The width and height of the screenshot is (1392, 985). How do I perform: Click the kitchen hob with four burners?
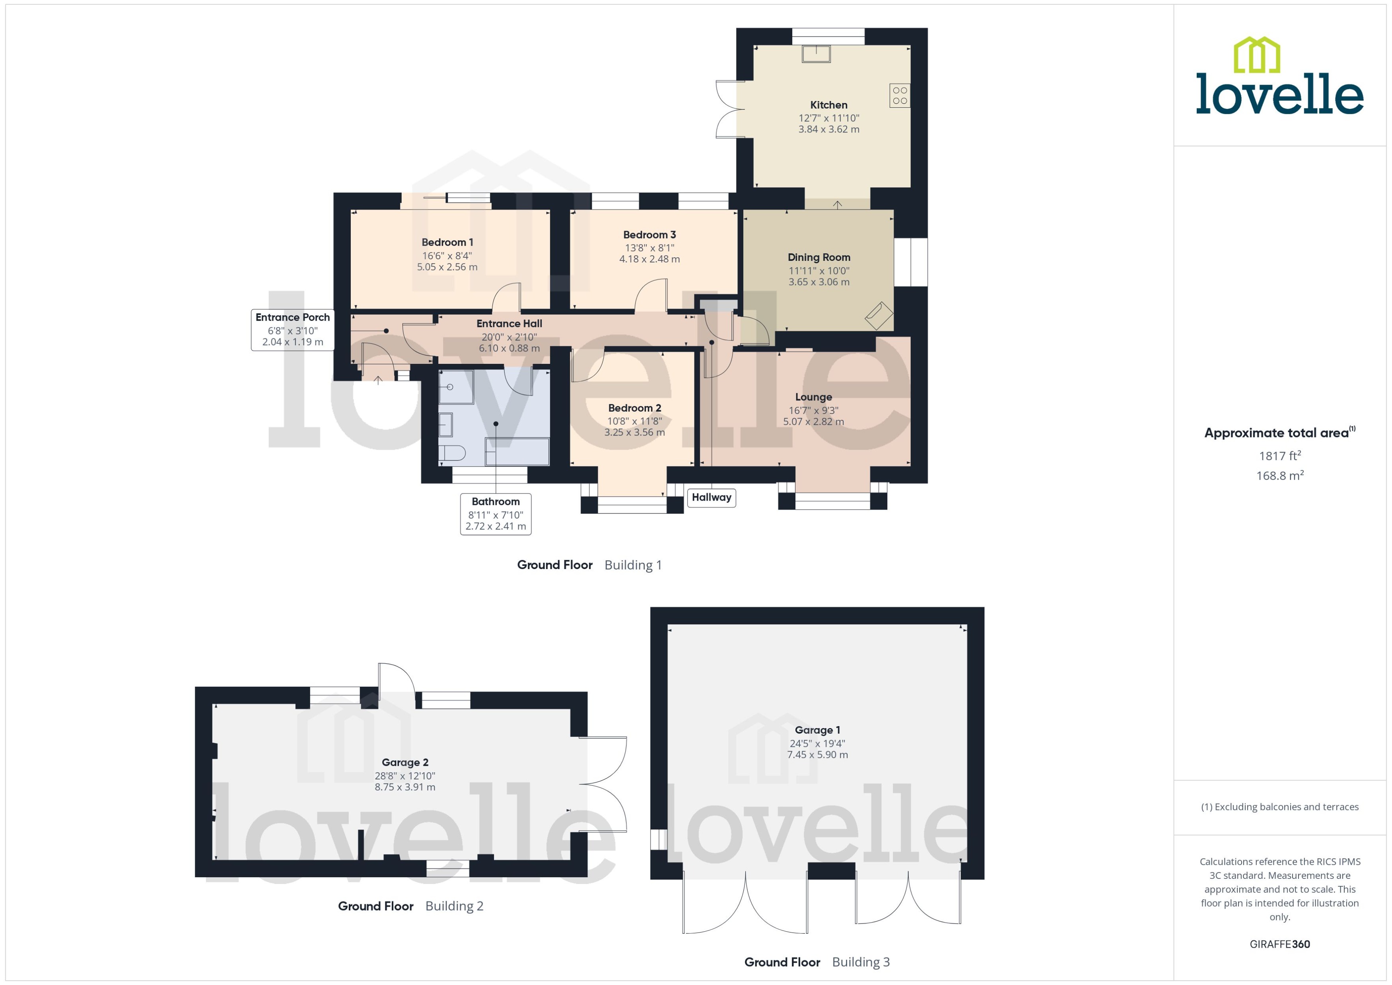click(x=900, y=95)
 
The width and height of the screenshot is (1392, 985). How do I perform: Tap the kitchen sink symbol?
click(x=816, y=54)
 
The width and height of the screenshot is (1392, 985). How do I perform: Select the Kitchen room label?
click(x=828, y=105)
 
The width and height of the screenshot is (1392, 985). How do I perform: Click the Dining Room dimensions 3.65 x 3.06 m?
click(x=819, y=282)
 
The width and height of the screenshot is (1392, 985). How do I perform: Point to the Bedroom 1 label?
click(x=447, y=242)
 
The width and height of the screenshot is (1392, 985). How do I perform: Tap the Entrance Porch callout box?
click(x=292, y=329)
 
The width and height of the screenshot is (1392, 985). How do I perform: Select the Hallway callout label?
click(x=712, y=497)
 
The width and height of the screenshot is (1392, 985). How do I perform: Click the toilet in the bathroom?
click(x=452, y=453)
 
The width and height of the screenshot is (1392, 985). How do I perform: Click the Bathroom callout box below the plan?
click(x=496, y=514)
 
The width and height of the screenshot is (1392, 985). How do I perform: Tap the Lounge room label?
click(x=813, y=397)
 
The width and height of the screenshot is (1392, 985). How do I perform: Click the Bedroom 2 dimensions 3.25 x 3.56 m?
click(x=634, y=433)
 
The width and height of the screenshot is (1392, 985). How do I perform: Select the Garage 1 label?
click(x=817, y=730)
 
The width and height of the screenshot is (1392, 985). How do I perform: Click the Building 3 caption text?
click(x=861, y=962)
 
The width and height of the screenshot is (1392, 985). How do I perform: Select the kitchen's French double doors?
click(x=730, y=109)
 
